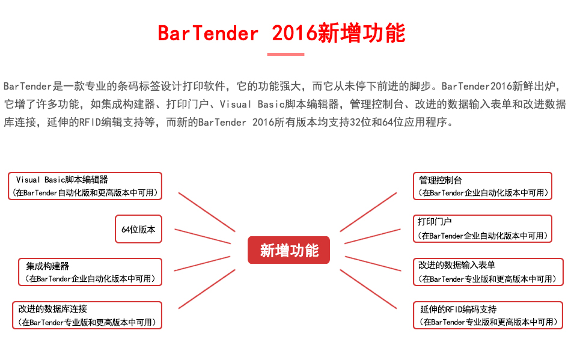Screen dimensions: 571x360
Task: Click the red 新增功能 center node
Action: [289, 250]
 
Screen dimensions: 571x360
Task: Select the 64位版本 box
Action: [138, 229]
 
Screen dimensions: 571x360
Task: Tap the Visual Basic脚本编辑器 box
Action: [85, 186]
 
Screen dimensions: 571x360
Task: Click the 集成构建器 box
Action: [90, 272]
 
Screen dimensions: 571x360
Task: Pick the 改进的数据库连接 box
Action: [87, 316]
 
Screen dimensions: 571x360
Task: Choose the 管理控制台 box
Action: [483, 186]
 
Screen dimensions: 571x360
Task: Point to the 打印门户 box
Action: [483, 228]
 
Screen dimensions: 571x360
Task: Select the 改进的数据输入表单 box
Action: [488, 272]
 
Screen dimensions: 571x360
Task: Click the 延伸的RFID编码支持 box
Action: [488, 316]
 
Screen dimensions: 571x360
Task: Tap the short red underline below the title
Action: [285, 54]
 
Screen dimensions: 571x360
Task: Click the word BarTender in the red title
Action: [208, 34]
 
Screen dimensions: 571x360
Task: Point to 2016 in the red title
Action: [295, 34]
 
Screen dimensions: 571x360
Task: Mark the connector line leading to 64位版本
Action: [203, 236]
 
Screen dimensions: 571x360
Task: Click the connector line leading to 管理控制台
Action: [368, 212]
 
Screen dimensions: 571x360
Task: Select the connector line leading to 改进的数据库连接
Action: [207, 289]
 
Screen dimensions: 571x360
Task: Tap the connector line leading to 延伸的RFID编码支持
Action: [368, 289]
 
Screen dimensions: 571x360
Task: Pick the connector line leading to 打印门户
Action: [373, 236]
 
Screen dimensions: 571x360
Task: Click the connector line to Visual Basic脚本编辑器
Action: [207, 212]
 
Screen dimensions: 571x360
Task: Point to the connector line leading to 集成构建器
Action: [202, 263]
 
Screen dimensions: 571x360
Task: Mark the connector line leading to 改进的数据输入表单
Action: [373, 263]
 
